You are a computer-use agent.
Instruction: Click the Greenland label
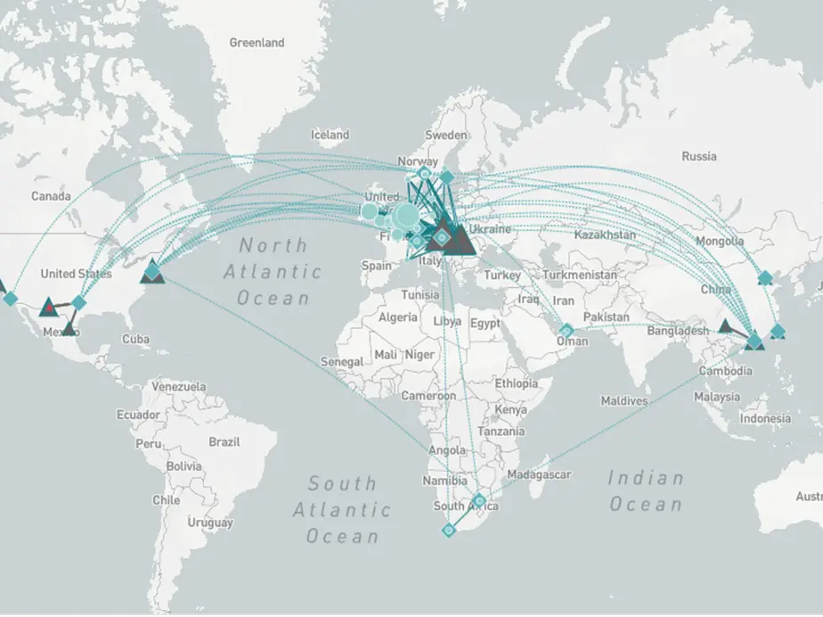coord(257,43)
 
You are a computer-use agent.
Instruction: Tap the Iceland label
coord(330,135)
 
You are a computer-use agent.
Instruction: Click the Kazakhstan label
coord(605,234)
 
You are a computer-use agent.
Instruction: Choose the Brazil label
coord(224,442)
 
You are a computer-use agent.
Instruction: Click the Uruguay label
coord(211,522)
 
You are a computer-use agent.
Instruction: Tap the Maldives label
coord(623,401)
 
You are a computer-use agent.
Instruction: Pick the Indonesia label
coord(764,418)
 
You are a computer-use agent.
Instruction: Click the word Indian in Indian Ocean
coord(645,478)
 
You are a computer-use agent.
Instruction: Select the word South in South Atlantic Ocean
coord(342,483)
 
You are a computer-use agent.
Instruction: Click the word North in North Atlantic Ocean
coord(272,245)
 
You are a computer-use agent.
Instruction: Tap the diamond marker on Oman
coord(566,331)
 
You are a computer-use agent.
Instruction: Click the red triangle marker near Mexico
coord(48,309)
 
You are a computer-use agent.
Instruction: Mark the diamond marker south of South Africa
coord(449,531)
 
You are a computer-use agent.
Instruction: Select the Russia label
coord(698,156)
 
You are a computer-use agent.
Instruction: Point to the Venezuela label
coord(178,387)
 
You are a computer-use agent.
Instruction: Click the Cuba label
coord(135,339)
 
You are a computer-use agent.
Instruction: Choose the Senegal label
coord(341,362)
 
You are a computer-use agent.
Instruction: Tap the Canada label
coord(51,195)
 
